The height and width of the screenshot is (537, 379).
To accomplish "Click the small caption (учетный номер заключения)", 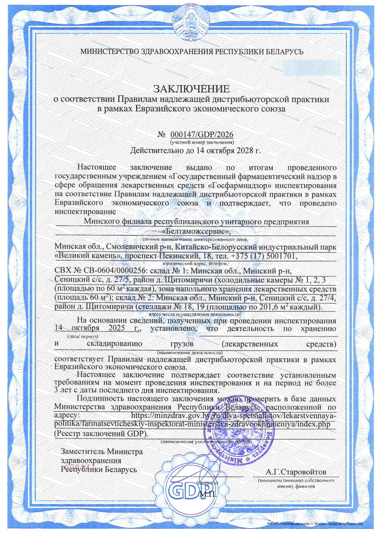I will (202, 143).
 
